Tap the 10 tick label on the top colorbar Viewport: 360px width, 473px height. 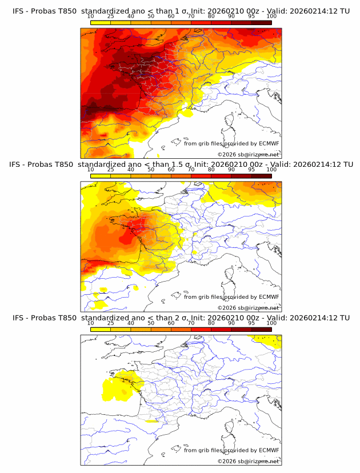[x=90, y=17]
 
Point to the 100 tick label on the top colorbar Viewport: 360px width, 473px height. [x=271, y=17]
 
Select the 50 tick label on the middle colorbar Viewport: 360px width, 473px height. [x=151, y=170]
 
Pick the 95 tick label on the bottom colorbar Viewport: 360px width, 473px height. [x=251, y=323]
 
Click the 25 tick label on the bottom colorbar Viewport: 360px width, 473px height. [x=110, y=323]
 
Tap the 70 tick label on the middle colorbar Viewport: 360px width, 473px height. [x=191, y=170]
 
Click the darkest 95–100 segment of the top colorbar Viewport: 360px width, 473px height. [x=262, y=22]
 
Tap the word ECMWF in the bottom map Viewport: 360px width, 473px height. [x=269, y=450]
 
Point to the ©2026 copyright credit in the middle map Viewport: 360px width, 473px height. [x=248, y=307]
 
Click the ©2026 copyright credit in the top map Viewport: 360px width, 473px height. [x=248, y=154]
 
